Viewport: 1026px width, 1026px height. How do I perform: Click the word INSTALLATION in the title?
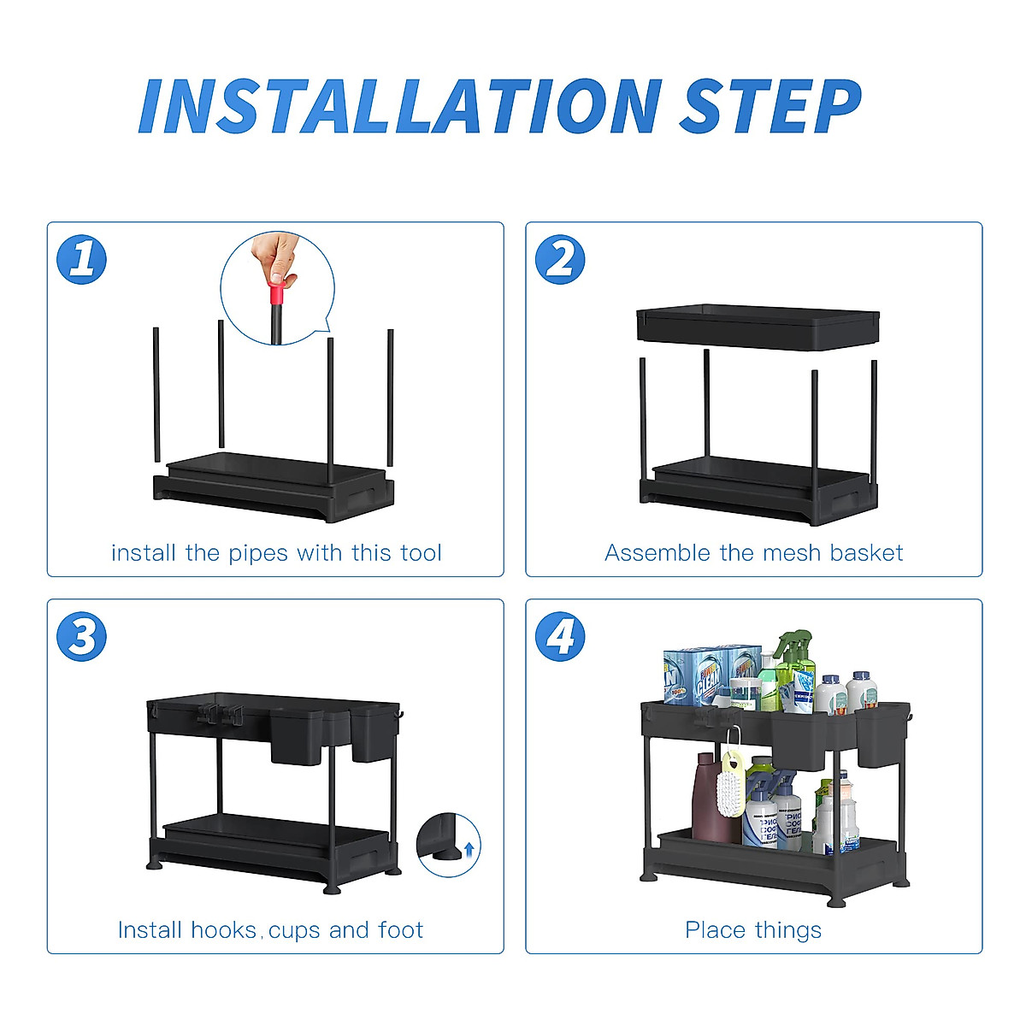coord(399,107)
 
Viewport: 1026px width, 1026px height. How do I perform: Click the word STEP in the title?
coord(769,107)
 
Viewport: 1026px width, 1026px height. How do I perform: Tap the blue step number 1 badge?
coord(82,259)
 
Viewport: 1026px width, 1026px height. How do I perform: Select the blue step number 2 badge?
coord(560,259)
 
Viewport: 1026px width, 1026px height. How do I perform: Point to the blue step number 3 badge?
coord(82,637)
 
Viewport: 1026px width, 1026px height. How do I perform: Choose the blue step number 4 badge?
coord(560,637)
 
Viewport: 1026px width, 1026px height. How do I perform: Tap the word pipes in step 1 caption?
coord(257,553)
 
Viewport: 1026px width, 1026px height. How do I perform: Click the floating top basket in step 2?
coord(758,327)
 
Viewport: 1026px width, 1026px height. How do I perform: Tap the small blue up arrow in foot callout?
coord(468,849)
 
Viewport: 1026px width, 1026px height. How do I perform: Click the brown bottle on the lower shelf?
coord(705,799)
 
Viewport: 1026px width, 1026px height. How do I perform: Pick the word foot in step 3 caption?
coord(400,930)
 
